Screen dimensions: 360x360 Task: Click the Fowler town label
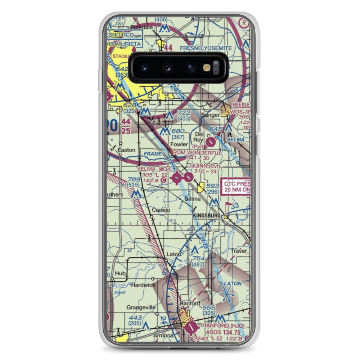tap(179, 144)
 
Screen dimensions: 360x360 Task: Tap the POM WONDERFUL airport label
tap(197, 153)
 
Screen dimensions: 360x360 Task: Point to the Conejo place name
tap(161, 210)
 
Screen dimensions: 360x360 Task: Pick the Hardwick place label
tap(143, 285)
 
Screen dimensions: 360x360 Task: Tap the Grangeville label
tap(141, 307)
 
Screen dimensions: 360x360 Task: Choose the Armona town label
tap(163, 336)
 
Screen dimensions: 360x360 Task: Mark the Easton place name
tap(126, 150)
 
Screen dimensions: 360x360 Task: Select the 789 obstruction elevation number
tap(133, 179)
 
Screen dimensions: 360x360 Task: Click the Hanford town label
tap(190, 303)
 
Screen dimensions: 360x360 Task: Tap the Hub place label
tap(120, 274)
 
